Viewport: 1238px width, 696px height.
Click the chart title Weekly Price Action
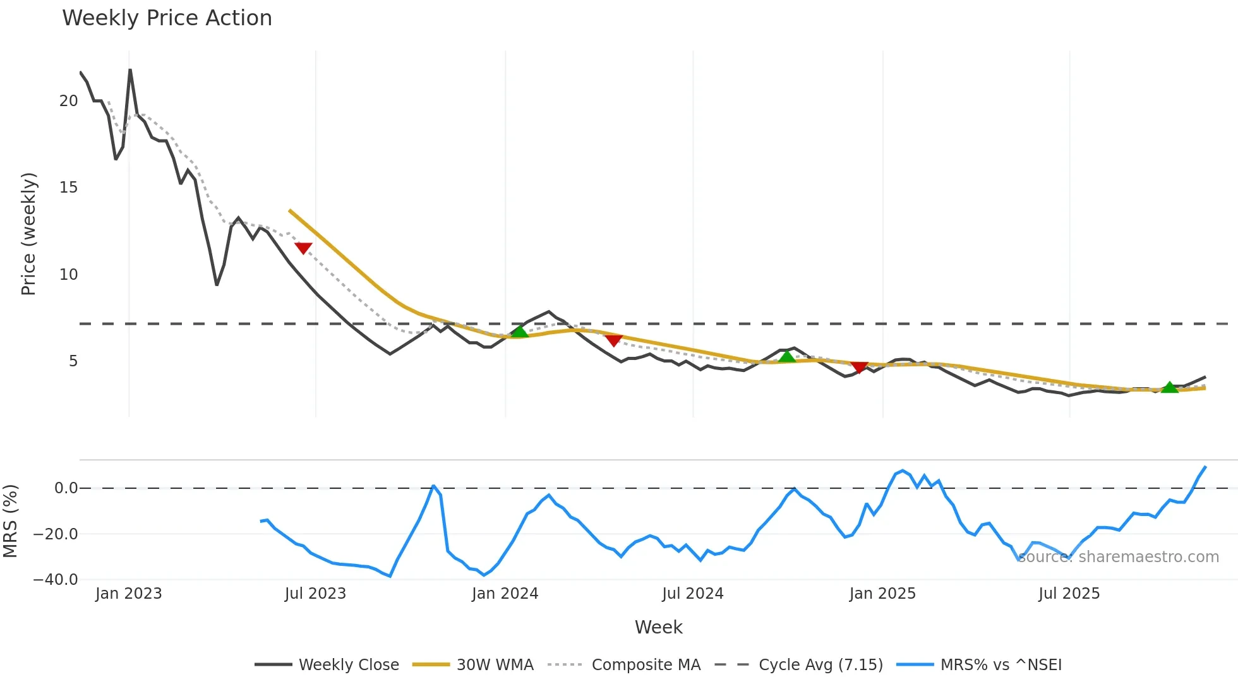167,18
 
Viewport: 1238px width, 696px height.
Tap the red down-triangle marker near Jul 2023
303,248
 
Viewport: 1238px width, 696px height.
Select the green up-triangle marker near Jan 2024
519,332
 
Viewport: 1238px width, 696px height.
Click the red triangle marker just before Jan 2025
859,367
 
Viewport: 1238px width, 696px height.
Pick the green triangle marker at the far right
1170,387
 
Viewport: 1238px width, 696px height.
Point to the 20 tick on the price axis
68,101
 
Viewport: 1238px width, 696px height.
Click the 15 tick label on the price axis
68,188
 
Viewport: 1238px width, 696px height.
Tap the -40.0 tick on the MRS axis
56,579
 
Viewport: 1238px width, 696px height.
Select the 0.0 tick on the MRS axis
66,488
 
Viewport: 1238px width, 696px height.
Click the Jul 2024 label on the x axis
692,594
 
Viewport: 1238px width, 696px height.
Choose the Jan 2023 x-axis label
129,594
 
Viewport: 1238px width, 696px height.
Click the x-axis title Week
658,627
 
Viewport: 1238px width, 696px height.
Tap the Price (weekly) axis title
28,234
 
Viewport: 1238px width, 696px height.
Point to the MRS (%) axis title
10,521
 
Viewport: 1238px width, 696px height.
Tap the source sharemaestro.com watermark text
1118,557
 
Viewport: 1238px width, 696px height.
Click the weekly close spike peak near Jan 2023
130,70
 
